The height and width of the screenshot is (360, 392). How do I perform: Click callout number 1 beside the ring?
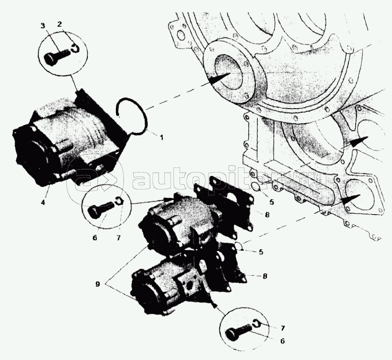click(161, 137)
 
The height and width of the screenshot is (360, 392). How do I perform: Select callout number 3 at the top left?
click(43, 26)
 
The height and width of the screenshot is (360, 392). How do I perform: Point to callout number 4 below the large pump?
click(43, 202)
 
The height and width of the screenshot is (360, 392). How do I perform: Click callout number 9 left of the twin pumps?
click(97, 284)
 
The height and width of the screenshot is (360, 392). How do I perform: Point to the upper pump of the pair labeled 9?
click(183, 222)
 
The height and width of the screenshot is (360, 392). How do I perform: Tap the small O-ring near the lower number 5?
click(239, 246)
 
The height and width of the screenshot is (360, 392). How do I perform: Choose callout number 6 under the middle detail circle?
click(95, 238)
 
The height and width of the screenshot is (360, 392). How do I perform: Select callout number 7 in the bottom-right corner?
click(283, 328)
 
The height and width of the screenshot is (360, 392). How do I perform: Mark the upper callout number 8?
click(267, 215)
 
